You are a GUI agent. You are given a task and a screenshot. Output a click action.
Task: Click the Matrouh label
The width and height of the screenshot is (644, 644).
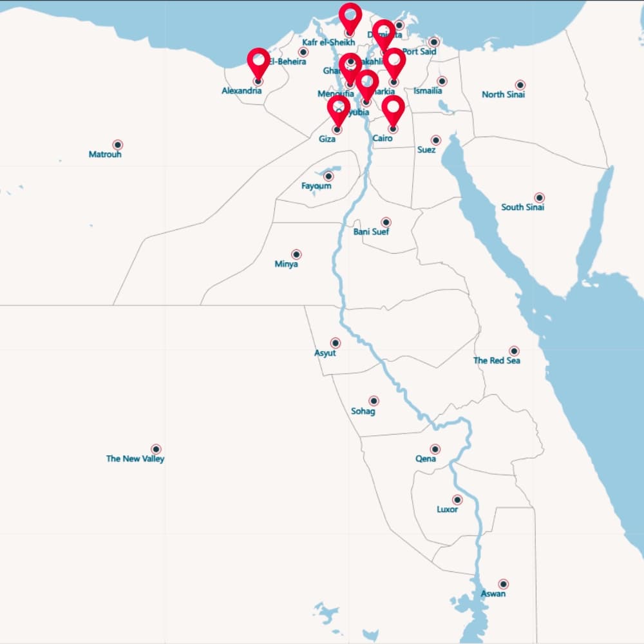[x=105, y=155]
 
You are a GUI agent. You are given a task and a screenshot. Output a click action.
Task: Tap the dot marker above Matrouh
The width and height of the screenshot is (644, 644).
[x=117, y=145]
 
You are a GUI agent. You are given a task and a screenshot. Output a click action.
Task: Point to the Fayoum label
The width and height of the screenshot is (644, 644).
[x=316, y=186]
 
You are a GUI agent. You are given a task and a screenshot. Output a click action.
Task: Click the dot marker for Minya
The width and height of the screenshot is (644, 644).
[x=296, y=254]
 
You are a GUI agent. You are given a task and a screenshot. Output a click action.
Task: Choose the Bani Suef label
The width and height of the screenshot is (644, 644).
[x=371, y=232]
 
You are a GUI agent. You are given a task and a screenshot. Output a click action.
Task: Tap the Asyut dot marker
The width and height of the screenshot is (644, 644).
[x=336, y=343]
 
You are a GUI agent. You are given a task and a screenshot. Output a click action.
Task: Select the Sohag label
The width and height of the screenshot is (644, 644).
[x=363, y=411]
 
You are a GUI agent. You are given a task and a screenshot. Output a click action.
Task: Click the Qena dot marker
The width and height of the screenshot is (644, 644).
[x=435, y=449]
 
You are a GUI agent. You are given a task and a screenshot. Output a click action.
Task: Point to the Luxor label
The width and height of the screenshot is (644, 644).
[x=448, y=509]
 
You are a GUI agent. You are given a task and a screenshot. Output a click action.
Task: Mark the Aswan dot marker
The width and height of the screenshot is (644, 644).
[x=504, y=584]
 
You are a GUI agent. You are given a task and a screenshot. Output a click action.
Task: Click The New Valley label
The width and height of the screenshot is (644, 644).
[x=135, y=459]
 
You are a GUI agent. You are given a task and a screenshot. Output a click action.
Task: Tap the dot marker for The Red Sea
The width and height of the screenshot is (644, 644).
[x=514, y=351]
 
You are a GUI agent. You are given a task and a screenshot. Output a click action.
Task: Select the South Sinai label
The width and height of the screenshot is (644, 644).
[x=523, y=207]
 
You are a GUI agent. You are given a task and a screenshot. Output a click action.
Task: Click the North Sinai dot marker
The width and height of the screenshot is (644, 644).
[x=520, y=85]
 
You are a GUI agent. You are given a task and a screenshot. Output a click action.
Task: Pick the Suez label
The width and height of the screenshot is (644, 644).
[x=426, y=150]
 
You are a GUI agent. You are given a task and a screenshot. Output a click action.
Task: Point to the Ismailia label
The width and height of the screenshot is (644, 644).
[x=428, y=91]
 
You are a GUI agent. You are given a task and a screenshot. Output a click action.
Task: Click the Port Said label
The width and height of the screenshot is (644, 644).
[x=419, y=52]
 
